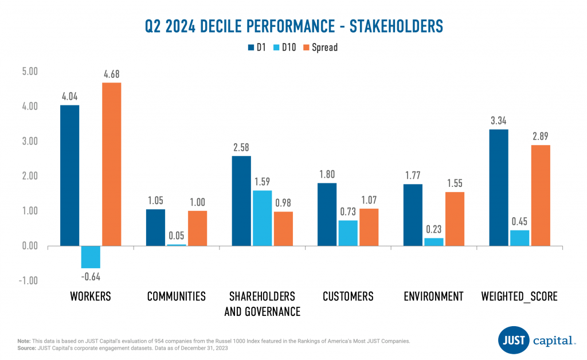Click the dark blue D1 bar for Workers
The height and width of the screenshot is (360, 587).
click(x=70, y=175)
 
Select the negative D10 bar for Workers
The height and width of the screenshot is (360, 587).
click(x=91, y=257)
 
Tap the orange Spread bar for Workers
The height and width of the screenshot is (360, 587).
click(x=112, y=165)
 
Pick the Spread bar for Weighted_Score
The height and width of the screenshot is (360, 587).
click(x=541, y=195)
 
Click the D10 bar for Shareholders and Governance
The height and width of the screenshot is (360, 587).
click(x=262, y=218)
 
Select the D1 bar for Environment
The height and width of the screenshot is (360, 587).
click(x=412, y=215)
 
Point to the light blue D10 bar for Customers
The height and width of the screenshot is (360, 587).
click(x=347, y=233)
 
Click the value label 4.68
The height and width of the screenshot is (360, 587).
click(x=112, y=74)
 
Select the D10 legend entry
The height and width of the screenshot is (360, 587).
click(x=285, y=48)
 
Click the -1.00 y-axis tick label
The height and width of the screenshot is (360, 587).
click(x=27, y=281)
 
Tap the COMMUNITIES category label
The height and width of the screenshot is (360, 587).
click(x=176, y=296)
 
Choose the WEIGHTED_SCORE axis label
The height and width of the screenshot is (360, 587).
click(x=519, y=296)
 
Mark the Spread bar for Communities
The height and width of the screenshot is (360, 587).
click(x=197, y=228)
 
